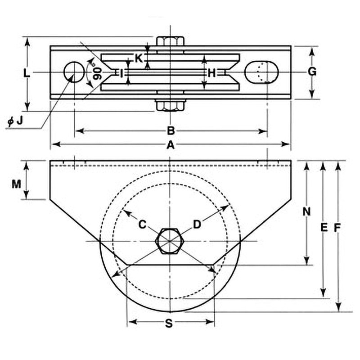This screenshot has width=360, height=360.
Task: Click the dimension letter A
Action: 170,144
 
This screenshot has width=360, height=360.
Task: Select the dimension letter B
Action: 171,131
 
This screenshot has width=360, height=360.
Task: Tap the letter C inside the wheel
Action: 142,224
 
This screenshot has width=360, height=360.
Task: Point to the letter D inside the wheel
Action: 197,224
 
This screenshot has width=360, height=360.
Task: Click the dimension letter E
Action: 323,228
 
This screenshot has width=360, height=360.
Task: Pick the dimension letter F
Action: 338,228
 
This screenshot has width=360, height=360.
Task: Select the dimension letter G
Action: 312,72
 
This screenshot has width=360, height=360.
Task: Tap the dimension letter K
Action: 139,58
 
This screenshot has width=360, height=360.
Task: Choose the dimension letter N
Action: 306,211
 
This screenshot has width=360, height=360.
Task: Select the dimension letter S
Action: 169,323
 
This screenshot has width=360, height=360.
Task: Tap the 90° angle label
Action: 96,71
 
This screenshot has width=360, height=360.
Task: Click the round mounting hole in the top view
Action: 74,72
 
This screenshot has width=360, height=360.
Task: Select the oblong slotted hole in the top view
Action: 261,72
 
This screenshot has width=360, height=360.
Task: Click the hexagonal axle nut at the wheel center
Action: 169,241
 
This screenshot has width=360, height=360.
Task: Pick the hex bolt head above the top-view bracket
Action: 170,41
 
